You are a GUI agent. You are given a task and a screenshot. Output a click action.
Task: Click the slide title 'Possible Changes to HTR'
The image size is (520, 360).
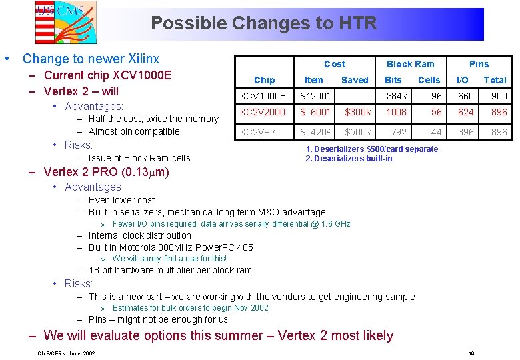point(264,23)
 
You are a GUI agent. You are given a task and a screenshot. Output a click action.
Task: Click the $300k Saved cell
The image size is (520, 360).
point(358,113)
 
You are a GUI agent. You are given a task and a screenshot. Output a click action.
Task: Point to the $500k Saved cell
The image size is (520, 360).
point(358,132)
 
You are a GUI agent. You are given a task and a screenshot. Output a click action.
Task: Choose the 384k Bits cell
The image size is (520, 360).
point(397,96)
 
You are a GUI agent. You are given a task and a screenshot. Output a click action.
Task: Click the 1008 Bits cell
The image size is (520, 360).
point(396,113)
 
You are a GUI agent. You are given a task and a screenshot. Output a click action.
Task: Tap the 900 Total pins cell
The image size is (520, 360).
point(499,96)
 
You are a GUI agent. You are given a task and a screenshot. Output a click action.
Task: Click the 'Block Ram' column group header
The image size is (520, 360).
point(410,64)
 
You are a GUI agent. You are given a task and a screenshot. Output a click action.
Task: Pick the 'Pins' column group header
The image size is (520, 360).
point(479,64)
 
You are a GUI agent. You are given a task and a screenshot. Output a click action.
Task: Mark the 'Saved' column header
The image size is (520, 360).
point(355,80)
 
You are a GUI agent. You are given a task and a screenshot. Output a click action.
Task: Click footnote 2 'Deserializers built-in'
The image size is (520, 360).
point(349,159)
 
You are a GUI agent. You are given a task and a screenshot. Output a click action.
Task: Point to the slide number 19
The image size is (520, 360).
point(471,353)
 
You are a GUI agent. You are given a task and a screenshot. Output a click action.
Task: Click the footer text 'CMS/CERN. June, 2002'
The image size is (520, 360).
point(66,353)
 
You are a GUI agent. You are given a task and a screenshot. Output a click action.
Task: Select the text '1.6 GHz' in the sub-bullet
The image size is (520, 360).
point(335,224)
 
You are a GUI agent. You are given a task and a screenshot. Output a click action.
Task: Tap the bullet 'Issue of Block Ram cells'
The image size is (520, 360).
point(139,158)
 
